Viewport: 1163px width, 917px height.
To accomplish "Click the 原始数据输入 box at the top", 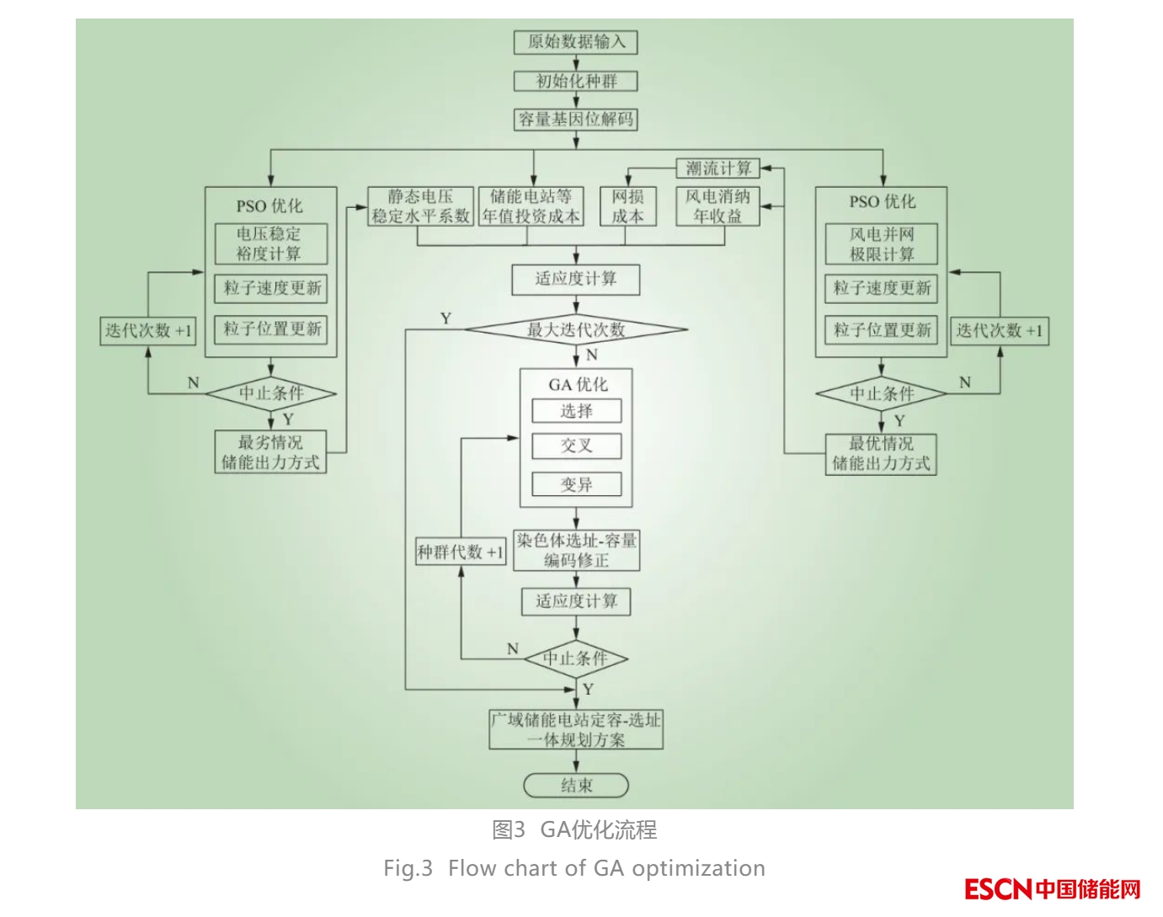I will [x=576, y=42].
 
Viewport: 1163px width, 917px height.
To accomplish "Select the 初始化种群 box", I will [x=576, y=82].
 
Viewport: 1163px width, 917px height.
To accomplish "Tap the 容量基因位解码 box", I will [x=576, y=120].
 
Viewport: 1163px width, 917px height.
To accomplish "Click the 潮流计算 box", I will [x=718, y=168].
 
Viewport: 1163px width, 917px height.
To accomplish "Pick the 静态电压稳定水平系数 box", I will [x=421, y=206].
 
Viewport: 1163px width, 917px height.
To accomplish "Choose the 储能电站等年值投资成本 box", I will [x=531, y=206].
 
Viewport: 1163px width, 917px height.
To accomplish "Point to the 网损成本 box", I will [x=627, y=206].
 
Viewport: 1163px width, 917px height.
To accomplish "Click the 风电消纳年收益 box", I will [x=718, y=206].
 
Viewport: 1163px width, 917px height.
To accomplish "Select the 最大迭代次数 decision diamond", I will [x=576, y=330].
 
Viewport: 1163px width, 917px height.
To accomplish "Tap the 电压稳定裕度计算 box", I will [x=269, y=244].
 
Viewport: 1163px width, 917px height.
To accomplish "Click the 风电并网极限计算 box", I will [x=881, y=244].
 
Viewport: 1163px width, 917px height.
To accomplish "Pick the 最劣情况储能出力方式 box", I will [x=270, y=452].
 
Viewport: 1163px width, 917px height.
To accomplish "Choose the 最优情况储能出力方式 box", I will [x=881, y=453].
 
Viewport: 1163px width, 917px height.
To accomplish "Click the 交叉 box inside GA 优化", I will [x=577, y=446].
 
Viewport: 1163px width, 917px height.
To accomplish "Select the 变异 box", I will [x=577, y=485].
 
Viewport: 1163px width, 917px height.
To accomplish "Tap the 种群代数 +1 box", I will [x=461, y=552].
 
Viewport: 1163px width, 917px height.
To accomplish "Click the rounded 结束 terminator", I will [x=577, y=786].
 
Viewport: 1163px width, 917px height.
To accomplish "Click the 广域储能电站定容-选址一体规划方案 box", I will [x=577, y=730].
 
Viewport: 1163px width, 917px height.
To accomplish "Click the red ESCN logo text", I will [x=998, y=889].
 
